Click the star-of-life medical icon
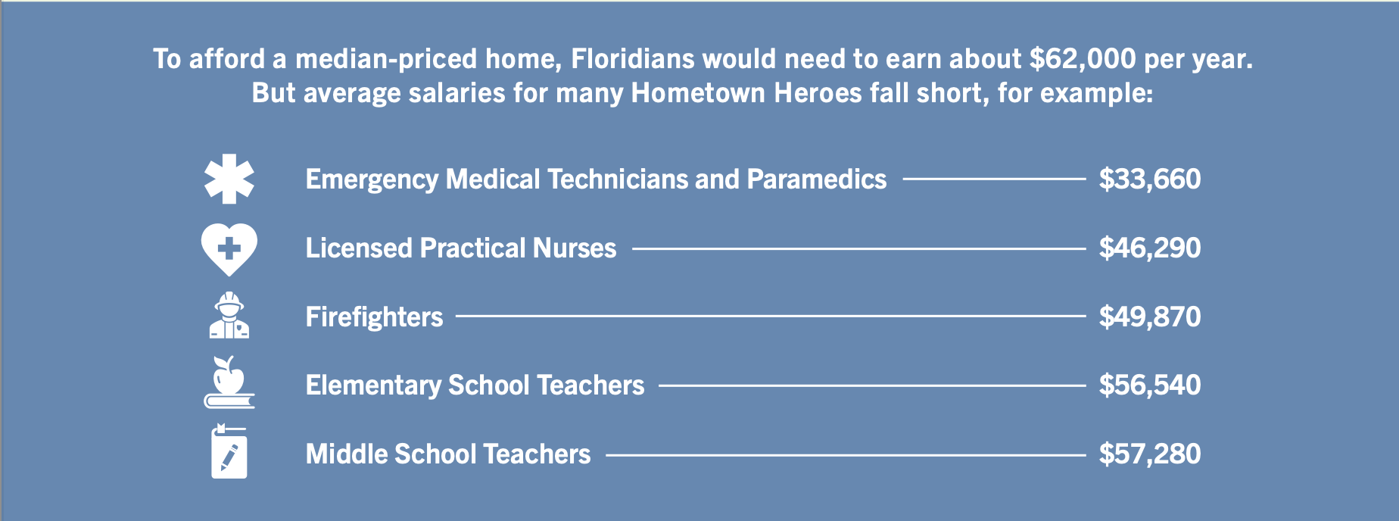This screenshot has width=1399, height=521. pyautogui.click(x=229, y=179)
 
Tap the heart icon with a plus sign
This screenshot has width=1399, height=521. pyautogui.click(x=229, y=249)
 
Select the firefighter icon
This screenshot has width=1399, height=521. pyautogui.click(x=229, y=315)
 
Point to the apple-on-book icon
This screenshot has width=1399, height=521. pyautogui.click(x=229, y=382)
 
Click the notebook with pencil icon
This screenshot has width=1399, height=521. pyautogui.click(x=229, y=451)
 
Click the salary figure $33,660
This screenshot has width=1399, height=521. pyautogui.click(x=1150, y=179)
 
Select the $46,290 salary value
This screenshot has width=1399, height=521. pyautogui.click(x=1150, y=248)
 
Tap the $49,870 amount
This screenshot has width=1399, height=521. pyautogui.click(x=1150, y=317)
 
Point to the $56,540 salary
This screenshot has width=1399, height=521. pyautogui.click(x=1150, y=385)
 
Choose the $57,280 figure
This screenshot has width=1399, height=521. pyautogui.click(x=1150, y=454)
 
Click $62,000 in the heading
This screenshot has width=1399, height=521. pyautogui.click(x=1083, y=59)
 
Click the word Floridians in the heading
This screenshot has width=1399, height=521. pyautogui.click(x=633, y=58)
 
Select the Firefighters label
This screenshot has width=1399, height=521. pyautogui.click(x=374, y=317)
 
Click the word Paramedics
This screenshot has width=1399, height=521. pyautogui.click(x=817, y=179)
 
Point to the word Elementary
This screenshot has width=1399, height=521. pyautogui.click(x=373, y=385)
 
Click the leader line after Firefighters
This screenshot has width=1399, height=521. pyautogui.click(x=771, y=317)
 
